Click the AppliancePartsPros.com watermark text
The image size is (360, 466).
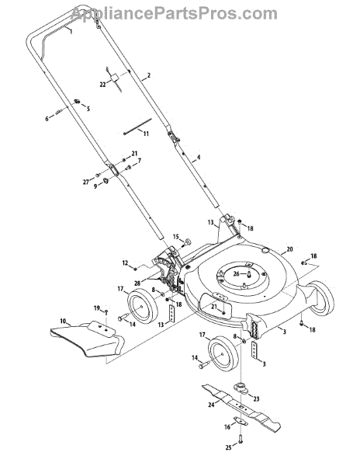pyautogui.click(x=174, y=14)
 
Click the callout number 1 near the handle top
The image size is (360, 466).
pyautogui.click(x=71, y=31)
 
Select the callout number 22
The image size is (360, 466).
pyautogui.click(x=102, y=85)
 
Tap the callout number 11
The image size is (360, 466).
pyautogui.click(x=146, y=134)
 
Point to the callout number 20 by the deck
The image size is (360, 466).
pyautogui.click(x=289, y=249)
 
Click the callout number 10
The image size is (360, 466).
pyautogui.click(x=63, y=321)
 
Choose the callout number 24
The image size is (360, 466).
pyautogui.click(x=211, y=405)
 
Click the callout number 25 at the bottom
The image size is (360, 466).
pyautogui.click(x=228, y=447)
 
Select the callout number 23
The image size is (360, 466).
pyautogui.click(x=256, y=399)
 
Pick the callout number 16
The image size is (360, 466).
pyautogui.click(x=227, y=427)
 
